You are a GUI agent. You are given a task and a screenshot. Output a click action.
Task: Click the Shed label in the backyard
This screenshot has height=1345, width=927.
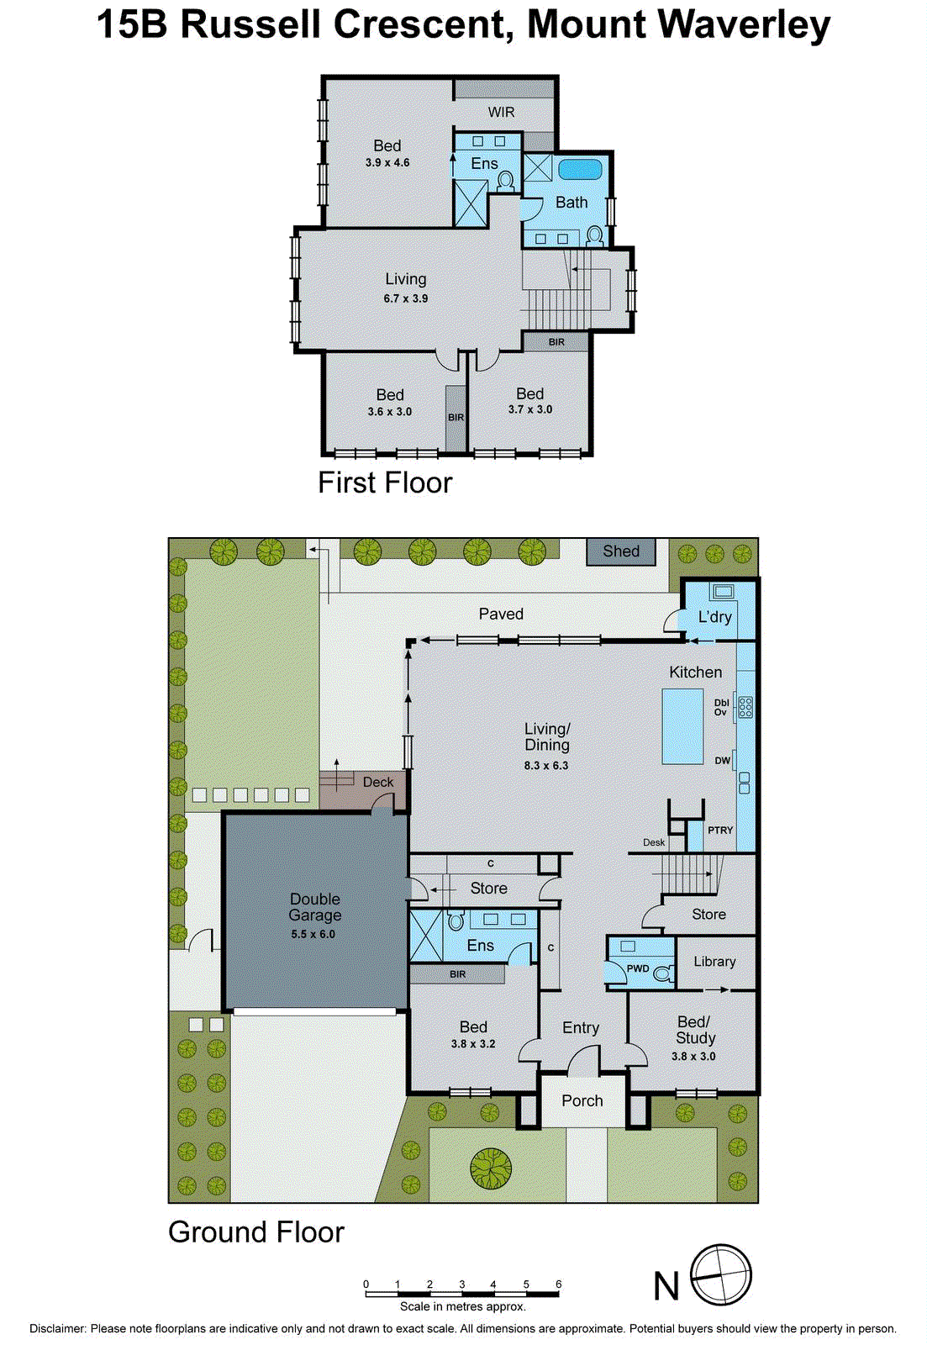click(x=621, y=551)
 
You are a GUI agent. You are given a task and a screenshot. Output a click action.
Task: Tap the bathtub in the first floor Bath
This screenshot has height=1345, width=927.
click(x=580, y=169)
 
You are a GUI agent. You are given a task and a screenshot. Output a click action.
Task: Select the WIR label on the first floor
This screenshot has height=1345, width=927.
click(x=501, y=112)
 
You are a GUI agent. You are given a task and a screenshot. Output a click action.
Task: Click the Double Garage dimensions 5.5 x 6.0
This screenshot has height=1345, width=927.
click(x=313, y=934)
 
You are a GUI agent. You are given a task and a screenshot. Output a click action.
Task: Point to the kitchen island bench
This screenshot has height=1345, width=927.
click(x=682, y=725)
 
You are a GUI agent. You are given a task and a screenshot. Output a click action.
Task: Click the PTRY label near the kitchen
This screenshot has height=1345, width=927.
click(x=720, y=830)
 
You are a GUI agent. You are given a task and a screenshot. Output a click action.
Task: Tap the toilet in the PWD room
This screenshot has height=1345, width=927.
click(x=663, y=973)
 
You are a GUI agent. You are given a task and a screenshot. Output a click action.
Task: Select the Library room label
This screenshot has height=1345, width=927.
click(x=714, y=962)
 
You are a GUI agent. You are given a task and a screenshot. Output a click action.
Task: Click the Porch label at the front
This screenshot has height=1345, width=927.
click(x=582, y=1100)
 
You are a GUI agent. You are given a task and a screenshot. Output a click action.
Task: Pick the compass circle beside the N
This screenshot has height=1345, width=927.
click(x=720, y=1275)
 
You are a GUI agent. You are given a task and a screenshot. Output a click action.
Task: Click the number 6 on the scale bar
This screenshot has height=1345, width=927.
click(x=558, y=1284)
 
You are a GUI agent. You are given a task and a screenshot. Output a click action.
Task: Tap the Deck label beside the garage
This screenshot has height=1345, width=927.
click(x=378, y=782)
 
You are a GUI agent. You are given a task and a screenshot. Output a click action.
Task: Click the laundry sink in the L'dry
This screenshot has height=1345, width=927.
click(x=722, y=592)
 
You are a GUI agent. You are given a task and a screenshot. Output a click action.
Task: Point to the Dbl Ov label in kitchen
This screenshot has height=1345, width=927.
click(x=721, y=707)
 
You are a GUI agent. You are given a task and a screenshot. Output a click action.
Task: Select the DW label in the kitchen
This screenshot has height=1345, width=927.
click(x=722, y=761)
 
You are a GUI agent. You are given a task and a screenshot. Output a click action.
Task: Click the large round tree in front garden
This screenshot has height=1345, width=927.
click(x=491, y=1168)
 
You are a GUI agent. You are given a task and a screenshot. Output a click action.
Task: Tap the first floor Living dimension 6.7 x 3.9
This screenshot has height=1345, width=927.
click(x=405, y=298)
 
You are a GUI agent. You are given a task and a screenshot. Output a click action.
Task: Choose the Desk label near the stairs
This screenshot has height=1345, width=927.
click(x=653, y=842)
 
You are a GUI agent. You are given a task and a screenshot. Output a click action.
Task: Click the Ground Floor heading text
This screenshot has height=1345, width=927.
click(x=256, y=1232)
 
